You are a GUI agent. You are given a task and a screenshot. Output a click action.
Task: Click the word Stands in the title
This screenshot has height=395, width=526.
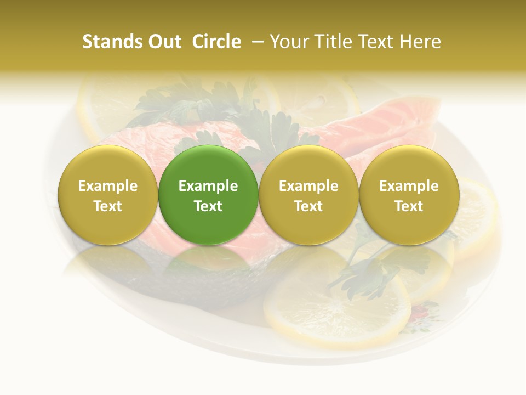111,42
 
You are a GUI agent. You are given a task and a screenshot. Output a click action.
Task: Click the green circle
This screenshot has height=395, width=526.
208,195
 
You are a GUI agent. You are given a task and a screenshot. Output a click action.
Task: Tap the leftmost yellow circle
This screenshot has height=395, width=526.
107,195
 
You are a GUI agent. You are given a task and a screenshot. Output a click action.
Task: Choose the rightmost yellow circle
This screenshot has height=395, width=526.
409,195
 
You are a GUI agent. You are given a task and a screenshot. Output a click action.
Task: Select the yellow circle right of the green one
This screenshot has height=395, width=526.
308,195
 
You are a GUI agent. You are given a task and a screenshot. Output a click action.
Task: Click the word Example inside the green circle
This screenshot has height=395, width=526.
208,186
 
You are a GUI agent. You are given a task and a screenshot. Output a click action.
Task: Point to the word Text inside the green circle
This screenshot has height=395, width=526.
208,206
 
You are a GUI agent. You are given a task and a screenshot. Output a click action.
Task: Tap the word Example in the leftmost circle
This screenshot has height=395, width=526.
107,186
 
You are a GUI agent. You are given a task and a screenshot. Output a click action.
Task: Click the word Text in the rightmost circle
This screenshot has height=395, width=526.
409,206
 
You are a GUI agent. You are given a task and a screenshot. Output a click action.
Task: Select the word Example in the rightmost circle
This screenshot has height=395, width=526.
409,186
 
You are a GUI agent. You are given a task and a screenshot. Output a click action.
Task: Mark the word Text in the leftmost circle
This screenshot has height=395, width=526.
107,206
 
